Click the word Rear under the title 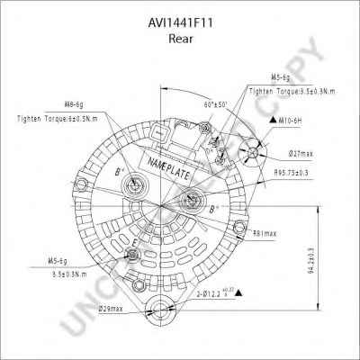pyautogui.click(x=179, y=39)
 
